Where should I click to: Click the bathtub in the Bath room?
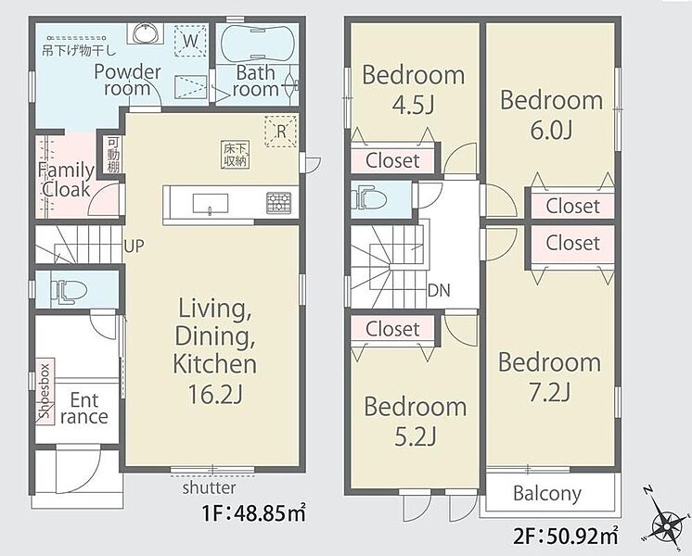[257, 44]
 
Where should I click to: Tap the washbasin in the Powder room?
[146, 32]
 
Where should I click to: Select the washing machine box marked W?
[190, 41]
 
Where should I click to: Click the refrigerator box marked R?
[281, 131]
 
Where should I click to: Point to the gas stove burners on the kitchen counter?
[278, 203]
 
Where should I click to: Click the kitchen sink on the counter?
[211, 204]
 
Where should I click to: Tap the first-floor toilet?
[69, 291]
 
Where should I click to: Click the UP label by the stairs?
[134, 246]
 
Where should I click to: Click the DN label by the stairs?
[439, 291]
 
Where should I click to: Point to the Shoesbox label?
[45, 391]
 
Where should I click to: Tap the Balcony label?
[547, 493]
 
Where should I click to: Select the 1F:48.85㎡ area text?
[253, 513]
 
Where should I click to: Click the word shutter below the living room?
[210, 487]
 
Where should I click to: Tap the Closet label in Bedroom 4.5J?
[392, 160]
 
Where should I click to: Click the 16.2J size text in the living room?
[215, 394]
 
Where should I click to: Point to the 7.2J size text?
[550, 392]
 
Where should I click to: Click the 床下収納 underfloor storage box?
[235, 155]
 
